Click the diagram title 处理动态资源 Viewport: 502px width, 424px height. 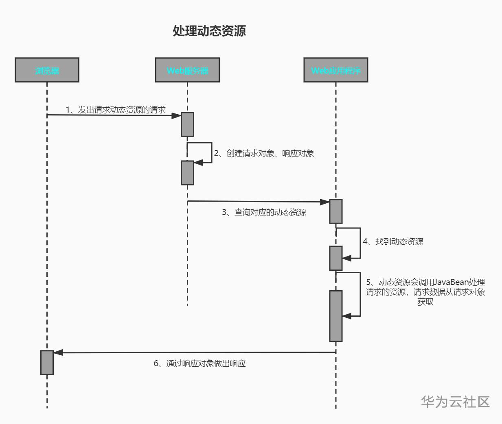point(209,31)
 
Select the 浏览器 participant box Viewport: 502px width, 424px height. point(47,70)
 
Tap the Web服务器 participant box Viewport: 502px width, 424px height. point(187,70)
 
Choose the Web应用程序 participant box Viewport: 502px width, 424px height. point(335,70)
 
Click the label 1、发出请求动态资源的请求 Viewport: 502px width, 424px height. point(116,110)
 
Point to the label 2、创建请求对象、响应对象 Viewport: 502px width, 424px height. point(264,153)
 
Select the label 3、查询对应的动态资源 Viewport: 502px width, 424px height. point(264,212)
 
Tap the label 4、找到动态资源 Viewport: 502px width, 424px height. point(393,241)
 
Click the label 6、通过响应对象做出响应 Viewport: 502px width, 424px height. point(199,363)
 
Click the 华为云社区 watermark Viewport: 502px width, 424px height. point(455,402)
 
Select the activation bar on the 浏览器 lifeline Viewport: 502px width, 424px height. point(47,363)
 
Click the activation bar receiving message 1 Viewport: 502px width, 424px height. point(187,124)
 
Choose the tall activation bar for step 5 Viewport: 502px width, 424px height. point(335,316)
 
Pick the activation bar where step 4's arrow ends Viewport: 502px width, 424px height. point(335,258)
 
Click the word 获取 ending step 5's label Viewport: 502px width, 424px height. point(425,302)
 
